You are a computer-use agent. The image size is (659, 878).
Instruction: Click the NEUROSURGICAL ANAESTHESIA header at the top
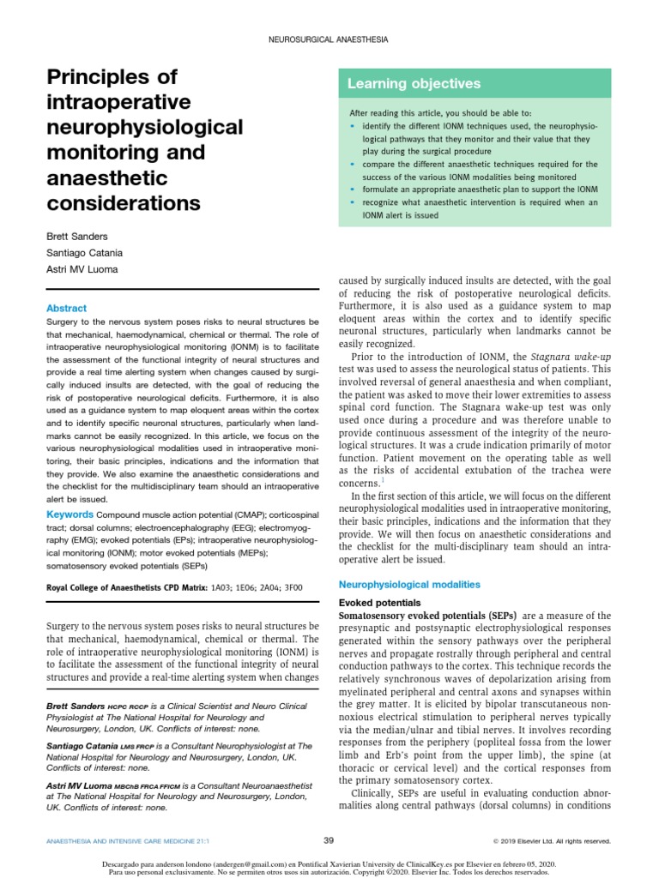(329, 39)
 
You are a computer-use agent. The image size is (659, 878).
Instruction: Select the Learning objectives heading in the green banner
(414, 83)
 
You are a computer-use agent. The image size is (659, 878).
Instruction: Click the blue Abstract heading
(66, 308)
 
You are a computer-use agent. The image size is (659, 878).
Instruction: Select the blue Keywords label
(70, 514)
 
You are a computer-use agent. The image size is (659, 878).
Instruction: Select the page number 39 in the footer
(329, 840)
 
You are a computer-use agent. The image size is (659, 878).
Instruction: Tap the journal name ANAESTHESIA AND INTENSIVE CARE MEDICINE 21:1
(119, 841)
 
